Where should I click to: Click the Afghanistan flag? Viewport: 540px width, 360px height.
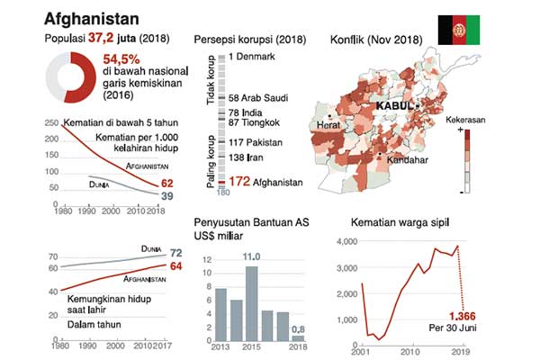click(459, 30)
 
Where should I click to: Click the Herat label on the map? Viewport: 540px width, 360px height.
click(331, 126)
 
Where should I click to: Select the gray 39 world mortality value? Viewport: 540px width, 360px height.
click(167, 195)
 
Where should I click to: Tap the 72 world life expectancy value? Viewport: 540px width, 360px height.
click(176, 253)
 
